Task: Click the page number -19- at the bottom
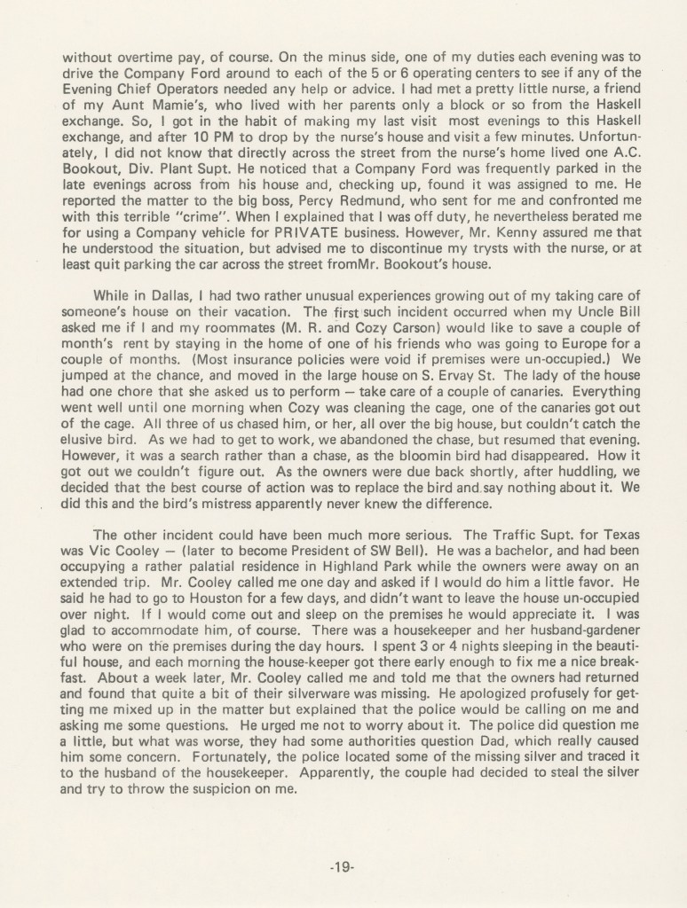pyautogui.click(x=343, y=866)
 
